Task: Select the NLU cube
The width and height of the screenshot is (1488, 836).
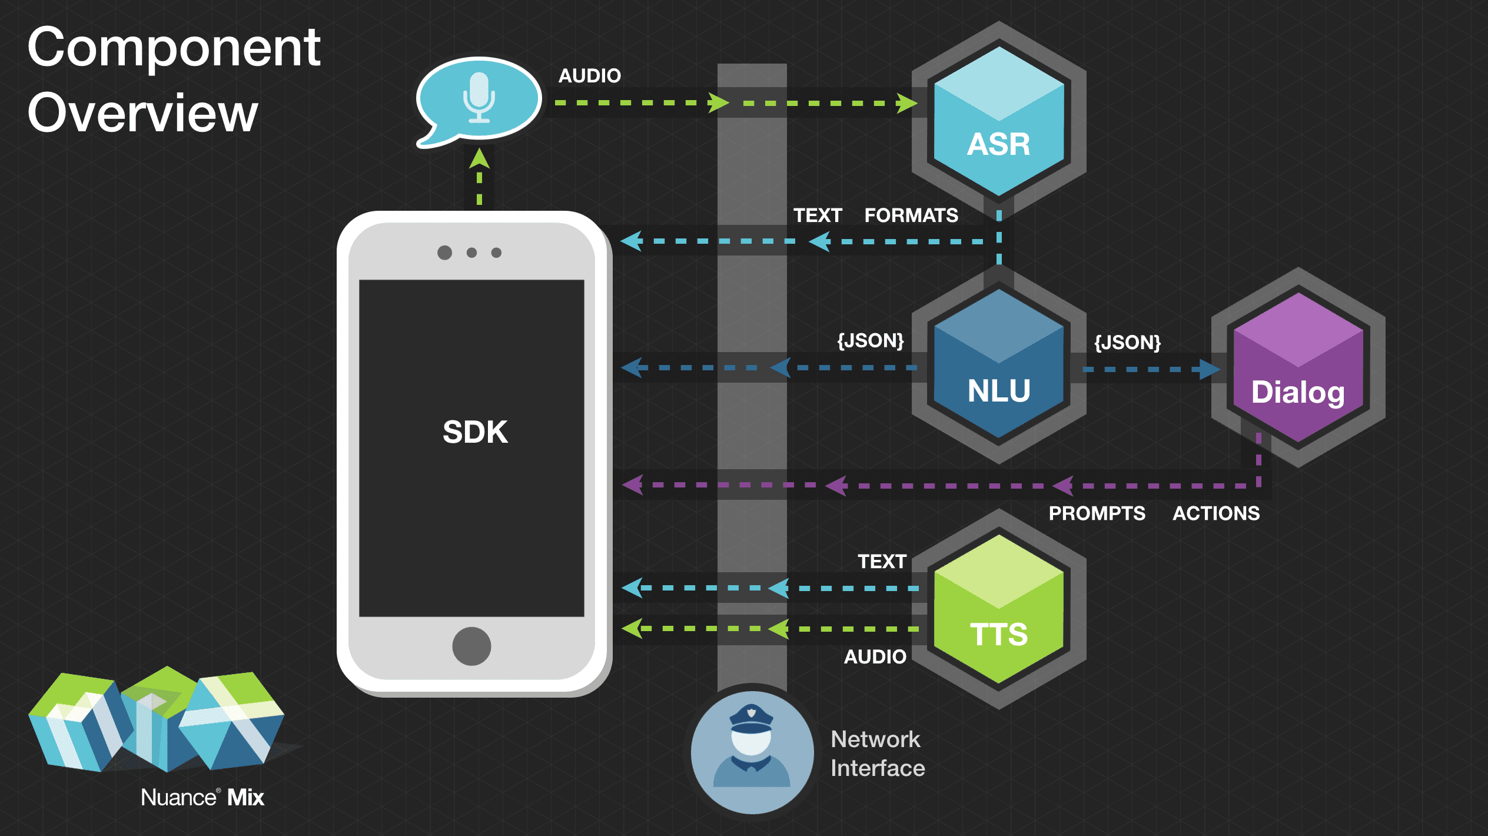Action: pyautogui.click(x=999, y=365)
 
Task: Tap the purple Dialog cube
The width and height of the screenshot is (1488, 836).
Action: pyautogui.click(x=1298, y=368)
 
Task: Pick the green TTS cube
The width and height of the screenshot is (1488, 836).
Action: pyautogui.click(x=999, y=609)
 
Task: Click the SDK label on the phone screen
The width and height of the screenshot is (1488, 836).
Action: pyautogui.click(x=475, y=432)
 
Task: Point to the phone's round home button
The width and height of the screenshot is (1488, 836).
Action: pyautogui.click(x=471, y=646)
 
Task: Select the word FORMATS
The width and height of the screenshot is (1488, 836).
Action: pyautogui.click(x=911, y=215)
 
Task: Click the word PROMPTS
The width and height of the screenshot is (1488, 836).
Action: pyautogui.click(x=1097, y=513)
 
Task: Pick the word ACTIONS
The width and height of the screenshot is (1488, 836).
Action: pyautogui.click(x=1216, y=513)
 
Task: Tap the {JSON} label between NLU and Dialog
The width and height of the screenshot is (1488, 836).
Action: pyautogui.click(x=1127, y=343)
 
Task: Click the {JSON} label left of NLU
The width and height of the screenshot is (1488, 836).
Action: pyautogui.click(x=871, y=341)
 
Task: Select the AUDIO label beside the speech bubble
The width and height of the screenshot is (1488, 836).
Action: pyautogui.click(x=589, y=76)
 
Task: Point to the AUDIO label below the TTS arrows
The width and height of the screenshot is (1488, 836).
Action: pyautogui.click(x=875, y=657)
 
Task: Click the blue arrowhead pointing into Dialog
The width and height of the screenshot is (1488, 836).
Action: pyautogui.click(x=1209, y=370)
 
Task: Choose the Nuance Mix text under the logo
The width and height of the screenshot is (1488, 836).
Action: pyautogui.click(x=202, y=798)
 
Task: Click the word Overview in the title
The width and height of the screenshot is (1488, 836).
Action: pyautogui.click(x=142, y=113)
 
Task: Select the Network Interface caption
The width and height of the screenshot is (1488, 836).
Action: pyautogui.click(x=877, y=754)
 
